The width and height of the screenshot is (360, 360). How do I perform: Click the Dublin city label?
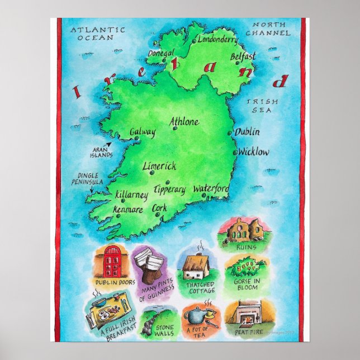tap(247, 132)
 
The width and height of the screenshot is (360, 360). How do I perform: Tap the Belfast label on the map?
tap(243, 56)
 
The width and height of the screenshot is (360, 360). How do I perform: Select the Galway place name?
tap(142, 132)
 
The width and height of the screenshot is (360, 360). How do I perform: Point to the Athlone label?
tap(184, 121)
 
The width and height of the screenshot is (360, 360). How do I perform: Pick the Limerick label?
tap(159, 166)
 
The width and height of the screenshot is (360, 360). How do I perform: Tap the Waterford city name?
tap(211, 190)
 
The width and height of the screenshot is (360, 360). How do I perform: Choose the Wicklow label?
tap(254, 151)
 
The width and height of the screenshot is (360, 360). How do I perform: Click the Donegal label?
tap(162, 53)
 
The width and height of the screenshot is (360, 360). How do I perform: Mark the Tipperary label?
tap(169, 190)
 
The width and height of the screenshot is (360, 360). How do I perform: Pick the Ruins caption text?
tap(246, 247)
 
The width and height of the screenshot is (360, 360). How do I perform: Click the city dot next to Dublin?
tap(230, 133)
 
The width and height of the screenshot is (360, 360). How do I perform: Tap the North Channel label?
tap(271, 29)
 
